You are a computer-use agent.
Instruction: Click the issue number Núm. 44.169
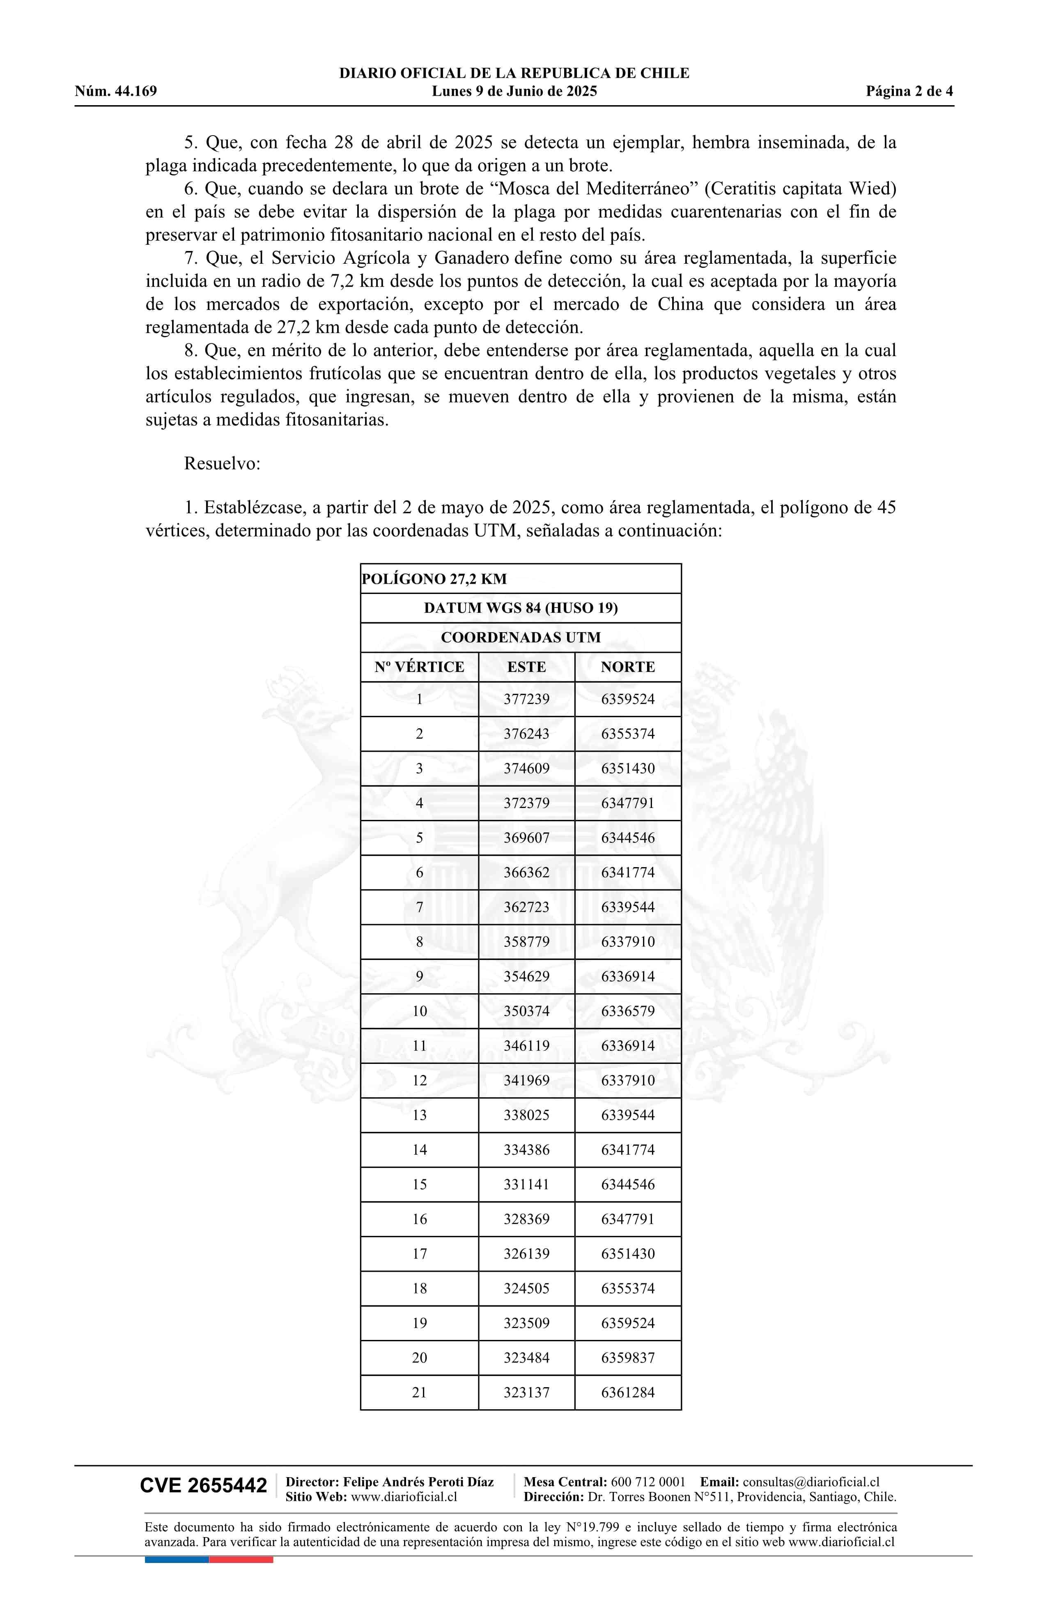[x=116, y=92]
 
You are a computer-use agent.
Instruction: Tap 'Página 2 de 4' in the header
[x=909, y=92]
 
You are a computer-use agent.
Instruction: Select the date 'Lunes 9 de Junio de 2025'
[x=514, y=92]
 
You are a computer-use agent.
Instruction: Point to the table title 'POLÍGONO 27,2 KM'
[x=434, y=579]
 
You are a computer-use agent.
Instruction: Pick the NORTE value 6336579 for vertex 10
[x=628, y=1011]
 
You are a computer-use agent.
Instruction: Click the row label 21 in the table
[x=419, y=1392]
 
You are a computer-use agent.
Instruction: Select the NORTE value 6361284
[x=628, y=1392]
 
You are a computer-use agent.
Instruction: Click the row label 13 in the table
[x=419, y=1115]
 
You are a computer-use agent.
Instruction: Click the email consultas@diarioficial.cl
[x=811, y=1482]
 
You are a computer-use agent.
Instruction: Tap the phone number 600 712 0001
[x=648, y=1482]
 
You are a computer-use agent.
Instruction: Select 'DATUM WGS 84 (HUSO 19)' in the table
[x=521, y=608]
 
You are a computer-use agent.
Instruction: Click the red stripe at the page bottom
[x=241, y=1560]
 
